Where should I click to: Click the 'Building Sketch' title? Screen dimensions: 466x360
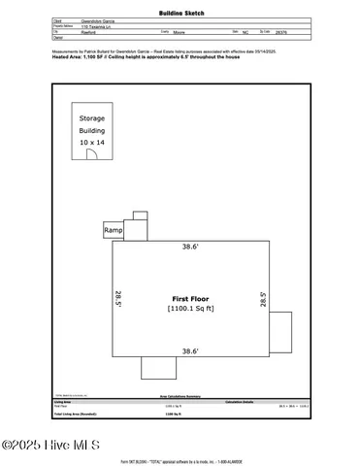180,16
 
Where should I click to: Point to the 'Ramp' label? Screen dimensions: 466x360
114,230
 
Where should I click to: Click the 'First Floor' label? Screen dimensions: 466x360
191,298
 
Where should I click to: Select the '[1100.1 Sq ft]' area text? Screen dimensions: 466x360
191,309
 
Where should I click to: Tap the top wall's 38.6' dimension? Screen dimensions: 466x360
191,248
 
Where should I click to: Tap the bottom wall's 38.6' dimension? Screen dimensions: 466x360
191,349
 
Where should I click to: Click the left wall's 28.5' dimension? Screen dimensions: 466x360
119,298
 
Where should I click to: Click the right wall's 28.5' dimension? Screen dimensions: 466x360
263,301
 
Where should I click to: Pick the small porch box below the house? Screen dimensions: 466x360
158,367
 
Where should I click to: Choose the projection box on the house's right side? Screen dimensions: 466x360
279,332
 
